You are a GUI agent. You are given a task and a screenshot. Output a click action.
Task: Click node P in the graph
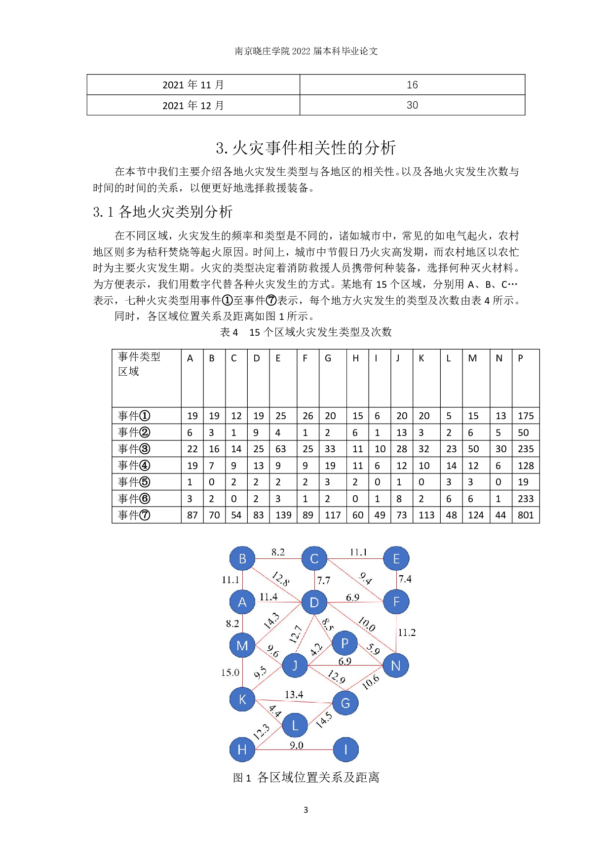tap(345, 643)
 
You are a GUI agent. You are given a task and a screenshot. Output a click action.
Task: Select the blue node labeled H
tap(242, 749)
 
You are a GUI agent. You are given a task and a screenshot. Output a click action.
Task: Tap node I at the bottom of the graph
tap(345, 749)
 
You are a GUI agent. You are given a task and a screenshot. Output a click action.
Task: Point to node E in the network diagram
tap(396, 559)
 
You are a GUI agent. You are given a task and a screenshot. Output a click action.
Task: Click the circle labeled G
tap(345, 703)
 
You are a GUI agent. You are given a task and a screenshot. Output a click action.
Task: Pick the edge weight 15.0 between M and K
tap(230, 672)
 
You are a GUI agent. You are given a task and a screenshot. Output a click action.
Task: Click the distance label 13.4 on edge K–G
tap(294, 695)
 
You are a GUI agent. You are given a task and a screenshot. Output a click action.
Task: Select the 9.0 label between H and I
tap(296, 745)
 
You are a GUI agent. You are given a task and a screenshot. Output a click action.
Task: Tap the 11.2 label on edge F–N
tap(407, 632)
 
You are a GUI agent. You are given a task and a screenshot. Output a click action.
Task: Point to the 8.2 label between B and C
tap(278, 552)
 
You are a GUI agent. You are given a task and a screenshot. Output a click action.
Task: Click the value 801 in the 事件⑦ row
tap(526, 515)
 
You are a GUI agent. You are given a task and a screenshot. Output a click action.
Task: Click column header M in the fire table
tap(472, 358)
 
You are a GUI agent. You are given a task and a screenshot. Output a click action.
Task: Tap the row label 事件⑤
tap(134, 482)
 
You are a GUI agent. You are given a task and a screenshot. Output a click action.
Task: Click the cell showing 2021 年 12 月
tap(193, 105)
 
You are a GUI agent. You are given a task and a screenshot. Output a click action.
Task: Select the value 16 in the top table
tap(412, 85)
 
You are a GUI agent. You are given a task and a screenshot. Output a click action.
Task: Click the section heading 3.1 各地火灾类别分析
tap(163, 212)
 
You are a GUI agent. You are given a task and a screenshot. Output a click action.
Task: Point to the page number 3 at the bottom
tap(306, 810)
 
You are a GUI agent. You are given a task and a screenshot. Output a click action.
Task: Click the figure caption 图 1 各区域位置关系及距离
tap(306, 778)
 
